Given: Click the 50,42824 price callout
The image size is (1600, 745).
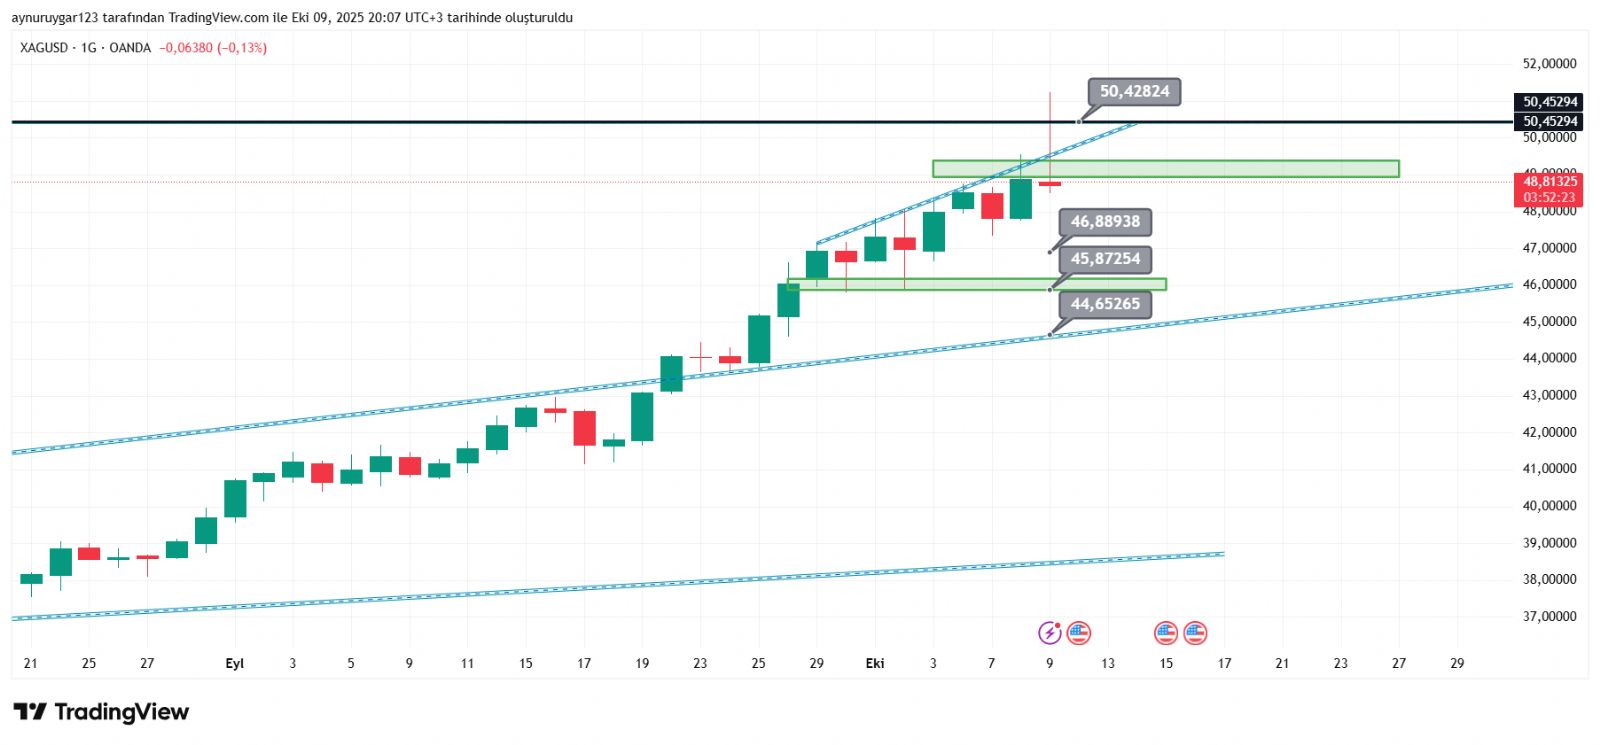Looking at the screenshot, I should (1134, 92).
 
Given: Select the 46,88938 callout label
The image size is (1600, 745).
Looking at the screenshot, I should (1105, 222).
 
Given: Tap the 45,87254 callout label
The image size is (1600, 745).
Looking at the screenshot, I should (1105, 259).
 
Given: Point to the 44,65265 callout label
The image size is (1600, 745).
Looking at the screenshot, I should (1105, 304).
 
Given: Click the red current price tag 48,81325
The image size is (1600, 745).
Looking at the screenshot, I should (1549, 182).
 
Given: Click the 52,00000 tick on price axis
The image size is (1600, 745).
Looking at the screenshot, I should (1549, 64).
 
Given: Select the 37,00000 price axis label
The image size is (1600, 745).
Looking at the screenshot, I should (1549, 617).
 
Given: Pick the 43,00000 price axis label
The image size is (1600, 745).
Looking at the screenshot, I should (1549, 396).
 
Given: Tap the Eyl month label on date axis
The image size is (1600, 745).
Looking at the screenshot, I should (235, 664).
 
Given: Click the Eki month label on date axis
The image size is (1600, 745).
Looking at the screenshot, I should (875, 664).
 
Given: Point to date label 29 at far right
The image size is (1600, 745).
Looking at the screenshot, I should (1457, 664).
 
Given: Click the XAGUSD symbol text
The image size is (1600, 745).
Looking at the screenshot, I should (44, 48).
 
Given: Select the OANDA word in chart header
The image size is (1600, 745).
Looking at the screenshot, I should (130, 48).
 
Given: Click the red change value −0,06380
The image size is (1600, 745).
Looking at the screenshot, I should (186, 48).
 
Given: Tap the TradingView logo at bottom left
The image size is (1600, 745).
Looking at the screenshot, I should (101, 712).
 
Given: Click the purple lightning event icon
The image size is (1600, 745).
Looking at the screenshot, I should (1049, 633).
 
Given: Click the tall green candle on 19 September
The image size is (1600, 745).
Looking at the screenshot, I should (642, 416).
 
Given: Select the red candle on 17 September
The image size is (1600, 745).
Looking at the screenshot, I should (584, 428).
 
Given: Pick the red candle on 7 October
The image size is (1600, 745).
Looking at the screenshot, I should (992, 206).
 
